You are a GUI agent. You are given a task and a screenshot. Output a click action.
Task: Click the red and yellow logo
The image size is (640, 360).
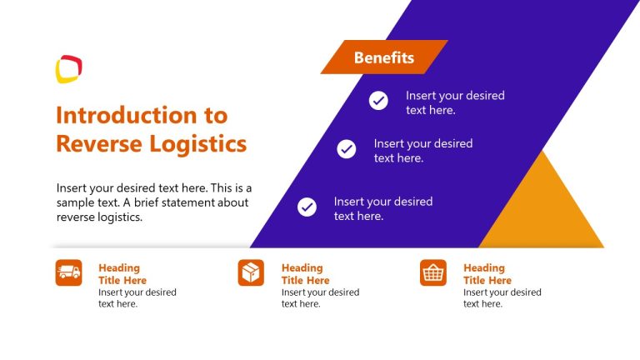[68, 68]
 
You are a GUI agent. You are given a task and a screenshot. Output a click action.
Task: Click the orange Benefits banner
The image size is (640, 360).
[383, 57]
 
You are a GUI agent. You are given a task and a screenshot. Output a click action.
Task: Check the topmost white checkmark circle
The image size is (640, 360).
[378, 101]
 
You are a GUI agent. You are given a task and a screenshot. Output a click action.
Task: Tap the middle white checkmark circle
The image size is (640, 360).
[346, 149]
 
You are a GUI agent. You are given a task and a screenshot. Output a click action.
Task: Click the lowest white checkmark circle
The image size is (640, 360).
[307, 207]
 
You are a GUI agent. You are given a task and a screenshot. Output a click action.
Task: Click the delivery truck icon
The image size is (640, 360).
[68, 272]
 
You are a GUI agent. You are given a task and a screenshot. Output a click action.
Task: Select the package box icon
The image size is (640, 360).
[251, 272]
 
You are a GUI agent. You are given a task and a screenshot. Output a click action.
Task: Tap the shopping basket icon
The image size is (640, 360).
[432, 272]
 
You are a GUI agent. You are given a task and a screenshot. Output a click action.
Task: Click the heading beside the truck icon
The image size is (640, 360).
[122, 274]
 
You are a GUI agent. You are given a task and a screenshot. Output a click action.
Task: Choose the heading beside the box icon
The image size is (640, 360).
[305, 274]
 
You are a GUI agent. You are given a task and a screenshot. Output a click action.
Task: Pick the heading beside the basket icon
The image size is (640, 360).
[487, 274]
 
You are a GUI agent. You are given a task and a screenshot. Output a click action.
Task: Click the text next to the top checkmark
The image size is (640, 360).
[455, 102]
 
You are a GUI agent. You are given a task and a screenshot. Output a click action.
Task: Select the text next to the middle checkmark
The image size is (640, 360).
[422, 150]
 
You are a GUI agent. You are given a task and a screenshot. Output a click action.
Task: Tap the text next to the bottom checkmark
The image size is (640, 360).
[382, 208]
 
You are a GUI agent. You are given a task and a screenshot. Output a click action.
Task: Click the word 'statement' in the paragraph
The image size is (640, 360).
[187, 202]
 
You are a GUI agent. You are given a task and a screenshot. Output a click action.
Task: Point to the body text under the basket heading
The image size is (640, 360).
[502, 298]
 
